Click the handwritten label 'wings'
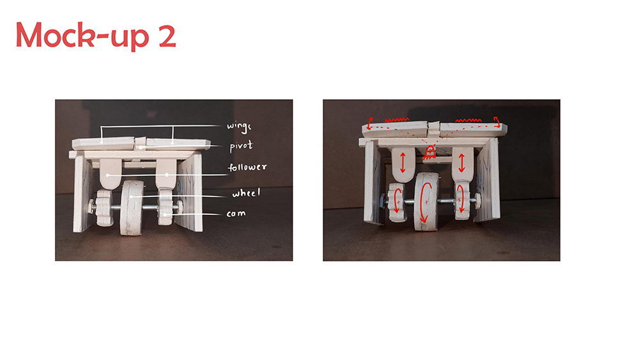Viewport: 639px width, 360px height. click(x=239, y=127)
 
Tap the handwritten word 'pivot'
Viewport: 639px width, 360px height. click(x=242, y=146)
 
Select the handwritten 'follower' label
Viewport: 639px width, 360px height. click(x=247, y=167)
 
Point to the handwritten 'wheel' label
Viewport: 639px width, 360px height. click(x=246, y=193)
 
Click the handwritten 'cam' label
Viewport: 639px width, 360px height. click(x=236, y=214)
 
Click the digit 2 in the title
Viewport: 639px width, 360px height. click(x=167, y=36)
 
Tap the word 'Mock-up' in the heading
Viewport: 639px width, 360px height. click(x=82, y=36)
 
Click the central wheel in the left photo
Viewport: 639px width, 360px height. click(x=132, y=208)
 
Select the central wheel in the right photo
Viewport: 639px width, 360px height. click(x=426, y=201)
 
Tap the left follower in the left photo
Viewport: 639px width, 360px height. click(x=111, y=174)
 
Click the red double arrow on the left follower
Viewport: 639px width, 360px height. click(x=403, y=162)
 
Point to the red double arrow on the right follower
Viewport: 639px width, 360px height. click(x=462, y=162)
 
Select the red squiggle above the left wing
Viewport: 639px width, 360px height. click(x=397, y=120)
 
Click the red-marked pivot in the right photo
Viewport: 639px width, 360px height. click(x=429, y=152)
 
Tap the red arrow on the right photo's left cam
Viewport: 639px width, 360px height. click(x=397, y=200)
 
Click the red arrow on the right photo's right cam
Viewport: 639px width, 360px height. click(x=461, y=199)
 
